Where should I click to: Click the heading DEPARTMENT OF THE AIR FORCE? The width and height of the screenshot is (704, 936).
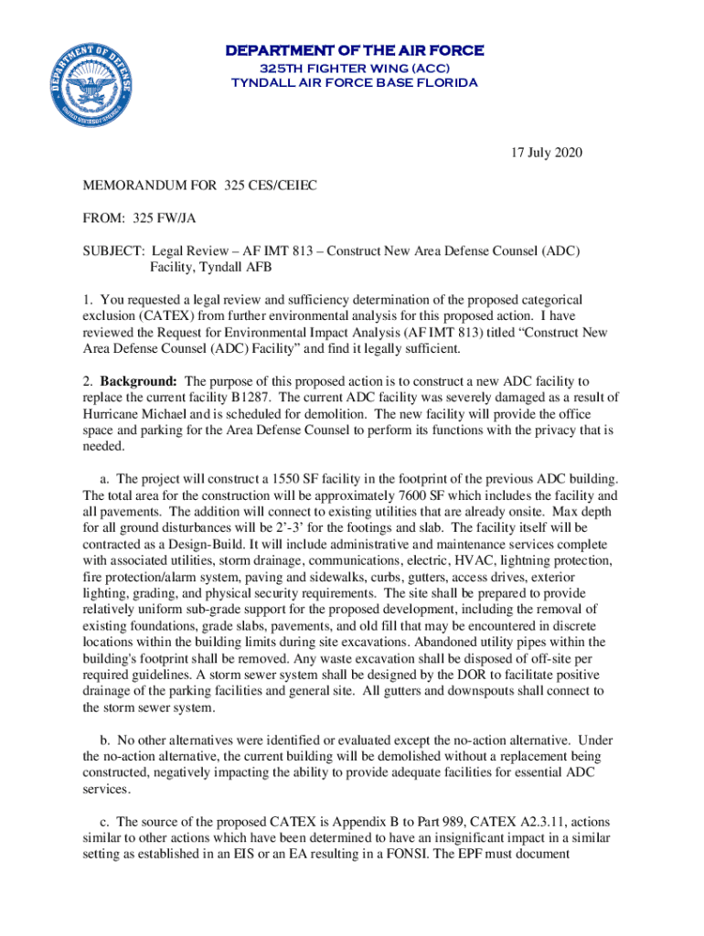(x=354, y=50)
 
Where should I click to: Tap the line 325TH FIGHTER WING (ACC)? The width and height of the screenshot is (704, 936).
(x=354, y=68)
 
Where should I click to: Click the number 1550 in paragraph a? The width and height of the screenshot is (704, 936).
(x=283, y=478)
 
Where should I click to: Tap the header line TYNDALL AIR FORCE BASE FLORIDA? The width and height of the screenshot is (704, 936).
(x=354, y=83)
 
